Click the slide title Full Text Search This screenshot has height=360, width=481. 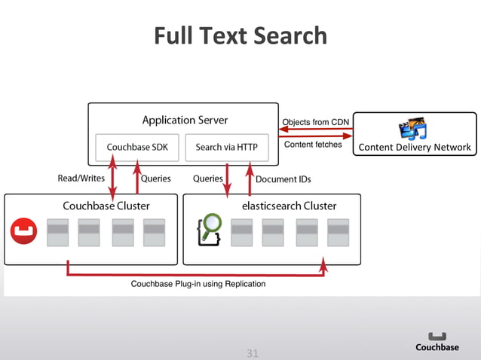coord(240,35)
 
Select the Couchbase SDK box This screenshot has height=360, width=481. coord(137,148)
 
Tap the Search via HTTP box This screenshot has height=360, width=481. coord(226,148)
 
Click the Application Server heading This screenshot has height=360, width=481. coord(185,121)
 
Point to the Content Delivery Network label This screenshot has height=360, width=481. coord(415,148)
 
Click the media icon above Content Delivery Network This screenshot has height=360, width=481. coord(413,129)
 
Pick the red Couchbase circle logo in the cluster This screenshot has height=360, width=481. coord(23,231)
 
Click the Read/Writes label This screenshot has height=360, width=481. coord(81,179)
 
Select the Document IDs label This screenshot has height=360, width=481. coord(283,179)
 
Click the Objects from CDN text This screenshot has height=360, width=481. coord(315,122)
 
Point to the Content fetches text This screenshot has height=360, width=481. coord(313,145)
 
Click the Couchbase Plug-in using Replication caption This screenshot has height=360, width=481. coord(198,284)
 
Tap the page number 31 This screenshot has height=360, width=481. coord(253,352)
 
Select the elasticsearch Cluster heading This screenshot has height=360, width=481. coord(289,206)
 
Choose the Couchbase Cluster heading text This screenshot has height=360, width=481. coord(106,206)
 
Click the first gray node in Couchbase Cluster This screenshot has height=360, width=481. coord(57,233)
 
